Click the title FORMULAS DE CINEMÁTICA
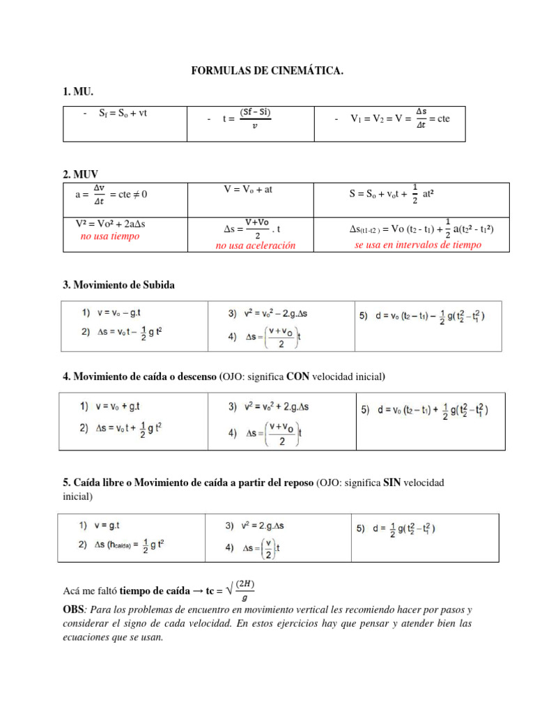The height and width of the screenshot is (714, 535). pyautogui.click(x=267, y=71)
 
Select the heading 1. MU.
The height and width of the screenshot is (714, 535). pyautogui.click(x=78, y=92)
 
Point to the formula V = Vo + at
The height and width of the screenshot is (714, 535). pyautogui.click(x=247, y=189)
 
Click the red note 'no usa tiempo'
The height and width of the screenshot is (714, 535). pyautogui.click(x=110, y=236)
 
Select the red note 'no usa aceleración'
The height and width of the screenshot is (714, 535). pyautogui.click(x=255, y=245)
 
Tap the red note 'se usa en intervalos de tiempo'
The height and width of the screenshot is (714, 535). pyautogui.click(x=417, y=245)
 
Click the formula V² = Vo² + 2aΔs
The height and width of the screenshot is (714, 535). pyautogui.click(x=110, y=224)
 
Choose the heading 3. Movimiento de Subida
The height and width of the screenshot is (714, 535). pyautogui.click(x=119, y=284)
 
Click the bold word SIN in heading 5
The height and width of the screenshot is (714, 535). pyautogui.click(x=393, y=483)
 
